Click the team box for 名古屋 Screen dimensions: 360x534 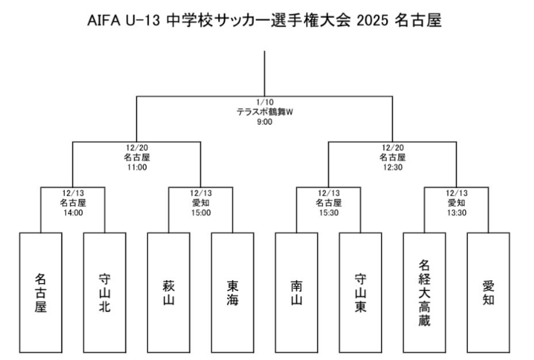click(41, 292)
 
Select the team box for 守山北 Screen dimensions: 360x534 click(104, 292)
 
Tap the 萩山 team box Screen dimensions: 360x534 click(168, 292)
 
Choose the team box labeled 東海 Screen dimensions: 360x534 click(232, 292)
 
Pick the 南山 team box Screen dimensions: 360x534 click(297, 292)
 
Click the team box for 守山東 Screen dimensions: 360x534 click(361, 292)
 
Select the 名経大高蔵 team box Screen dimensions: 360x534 click(424, 292)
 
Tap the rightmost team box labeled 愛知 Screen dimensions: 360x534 click(488, 292)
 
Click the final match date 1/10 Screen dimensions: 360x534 click(264, 102)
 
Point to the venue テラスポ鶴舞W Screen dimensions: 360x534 click(264, 112)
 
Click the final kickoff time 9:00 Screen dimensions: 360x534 click(264, 122)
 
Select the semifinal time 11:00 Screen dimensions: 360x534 click(136, 167)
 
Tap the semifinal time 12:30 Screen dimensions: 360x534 click(393, 167)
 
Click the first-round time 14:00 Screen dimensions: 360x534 click(73, 213)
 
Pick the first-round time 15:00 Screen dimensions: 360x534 click(200, 213)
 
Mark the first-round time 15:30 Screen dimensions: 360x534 click(329, 213)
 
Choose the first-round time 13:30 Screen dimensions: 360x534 click(456, 213)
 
